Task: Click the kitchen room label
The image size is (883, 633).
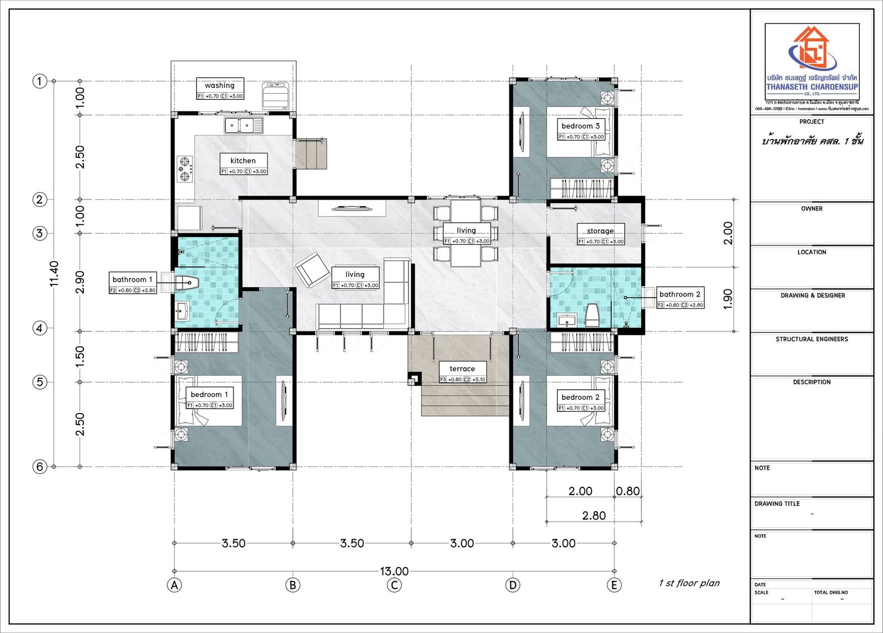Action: [x=243, y=161]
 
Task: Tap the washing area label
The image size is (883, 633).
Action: [x=220, y=85]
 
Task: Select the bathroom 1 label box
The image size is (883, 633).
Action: [x=132, y=283]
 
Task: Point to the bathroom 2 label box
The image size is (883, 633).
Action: [x=680, y=298]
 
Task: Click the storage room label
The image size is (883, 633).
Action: [x=600, y=231]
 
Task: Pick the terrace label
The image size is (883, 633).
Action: [x=462, y=369]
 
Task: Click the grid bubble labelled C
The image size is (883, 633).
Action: [x=394, y=585]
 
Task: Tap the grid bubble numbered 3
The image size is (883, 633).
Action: [x=39, y=233]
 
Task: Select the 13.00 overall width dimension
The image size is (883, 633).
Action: [x=394, y=571]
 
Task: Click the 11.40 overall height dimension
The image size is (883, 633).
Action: [x=54, y=273]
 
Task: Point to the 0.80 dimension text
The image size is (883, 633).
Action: [x=628, y=491]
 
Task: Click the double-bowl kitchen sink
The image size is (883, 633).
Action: [x=243, y=125]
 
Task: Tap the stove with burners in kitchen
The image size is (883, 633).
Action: [x=185, y=169]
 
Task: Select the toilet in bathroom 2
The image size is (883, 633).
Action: [x=592, y=314]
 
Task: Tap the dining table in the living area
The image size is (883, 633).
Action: [x=466, y=233]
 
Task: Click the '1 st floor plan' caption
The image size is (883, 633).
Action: [x=689, y=583]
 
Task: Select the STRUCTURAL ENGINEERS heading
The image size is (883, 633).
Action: [x=812, y=339]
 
